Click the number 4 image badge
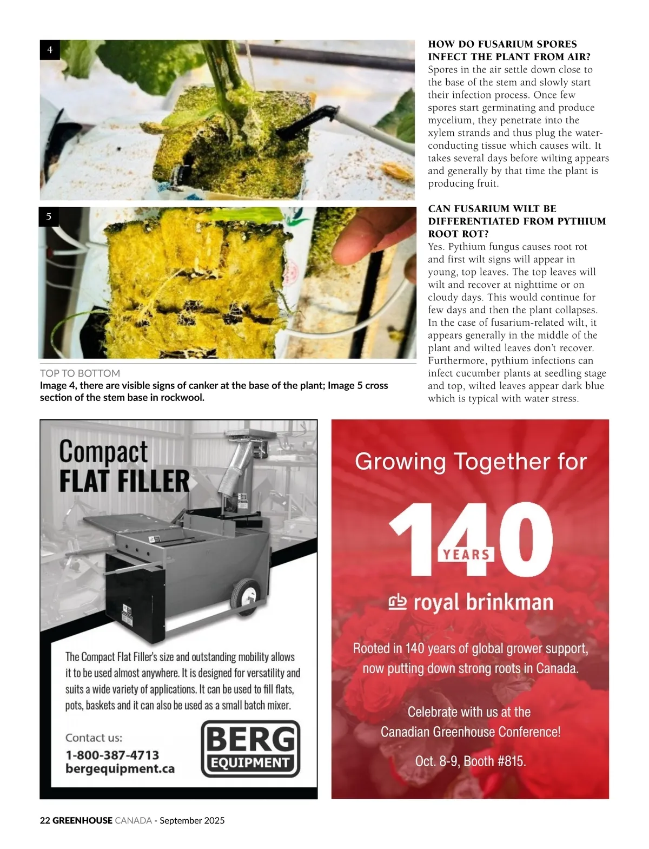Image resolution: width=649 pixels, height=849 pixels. click(x=50, y=50)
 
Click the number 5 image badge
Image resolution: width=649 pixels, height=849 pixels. click(x=49, y=216)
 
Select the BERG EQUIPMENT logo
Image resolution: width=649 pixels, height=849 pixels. click(x=250, y=749)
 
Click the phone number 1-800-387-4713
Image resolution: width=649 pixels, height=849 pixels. click(x=112, y=755)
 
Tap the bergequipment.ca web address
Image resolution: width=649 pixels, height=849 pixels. click(x=120, y=768)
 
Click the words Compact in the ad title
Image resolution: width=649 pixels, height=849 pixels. click(x=103, y=452)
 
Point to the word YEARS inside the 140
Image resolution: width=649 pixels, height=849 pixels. click(x=466, y=554)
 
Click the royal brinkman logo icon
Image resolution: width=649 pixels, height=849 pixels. click(x=398, y=602)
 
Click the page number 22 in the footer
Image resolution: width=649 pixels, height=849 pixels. click(x=45, y=820)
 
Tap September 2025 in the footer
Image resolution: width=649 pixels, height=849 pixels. click(x=192, y=820)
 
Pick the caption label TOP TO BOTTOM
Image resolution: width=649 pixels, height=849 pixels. click(x=80, y=373)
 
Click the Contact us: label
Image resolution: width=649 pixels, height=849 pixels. click(x=94, y=738)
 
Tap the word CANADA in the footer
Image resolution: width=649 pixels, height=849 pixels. click(x=133, y=820)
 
